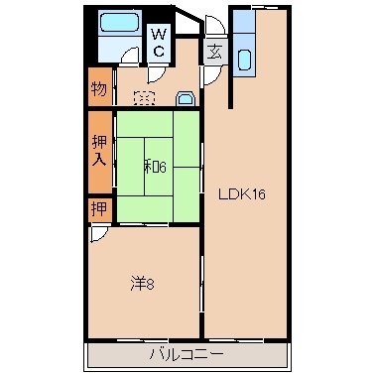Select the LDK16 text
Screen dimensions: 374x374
242,194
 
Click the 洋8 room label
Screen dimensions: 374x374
143,285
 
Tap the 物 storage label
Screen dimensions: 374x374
99,89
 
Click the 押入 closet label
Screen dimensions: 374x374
99,152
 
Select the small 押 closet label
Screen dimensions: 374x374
98,209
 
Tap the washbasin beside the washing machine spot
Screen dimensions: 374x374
184,97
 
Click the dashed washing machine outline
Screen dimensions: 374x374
144,98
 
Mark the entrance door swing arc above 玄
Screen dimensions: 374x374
213,25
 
